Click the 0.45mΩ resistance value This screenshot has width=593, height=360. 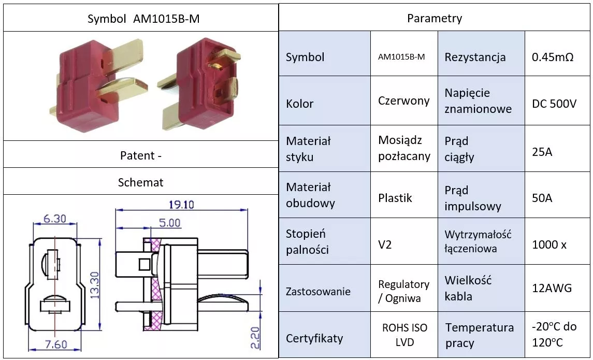pyautogui.click(x=553, y=57)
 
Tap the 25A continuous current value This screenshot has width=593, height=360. pyautogui.click(x=542, y=152)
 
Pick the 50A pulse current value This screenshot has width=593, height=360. pyautogui.click(x=542, y=198)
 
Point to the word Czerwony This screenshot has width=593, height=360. pyautogui.click(x=404, y=101)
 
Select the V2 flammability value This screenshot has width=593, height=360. pyautogui.click(x=385, y=245)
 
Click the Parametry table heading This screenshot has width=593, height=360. pyautogui.click(x=435, y=18)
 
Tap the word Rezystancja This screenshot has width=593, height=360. pyautogui.click(x=475, y=57)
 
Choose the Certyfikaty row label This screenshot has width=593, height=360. pyautogui.click(x=314, y=338)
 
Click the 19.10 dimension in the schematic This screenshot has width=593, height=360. pyautogui.click(x=181, y=205)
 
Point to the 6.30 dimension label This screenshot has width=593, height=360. pyautogui.click(x=54, y=219)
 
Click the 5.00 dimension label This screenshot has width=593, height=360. pyautogui.click(x=169, y=223)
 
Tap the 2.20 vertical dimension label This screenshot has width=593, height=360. pyautogui.click(x=256, y=338)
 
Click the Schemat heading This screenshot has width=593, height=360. pyautogui.click(x=141, y=183)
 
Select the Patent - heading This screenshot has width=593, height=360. pyautogui.click(x=141, y=156)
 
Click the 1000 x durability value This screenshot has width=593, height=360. pyautogui.click(x=549, y=245)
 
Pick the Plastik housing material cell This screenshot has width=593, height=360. pyautogui.click(x=395, y=198)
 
